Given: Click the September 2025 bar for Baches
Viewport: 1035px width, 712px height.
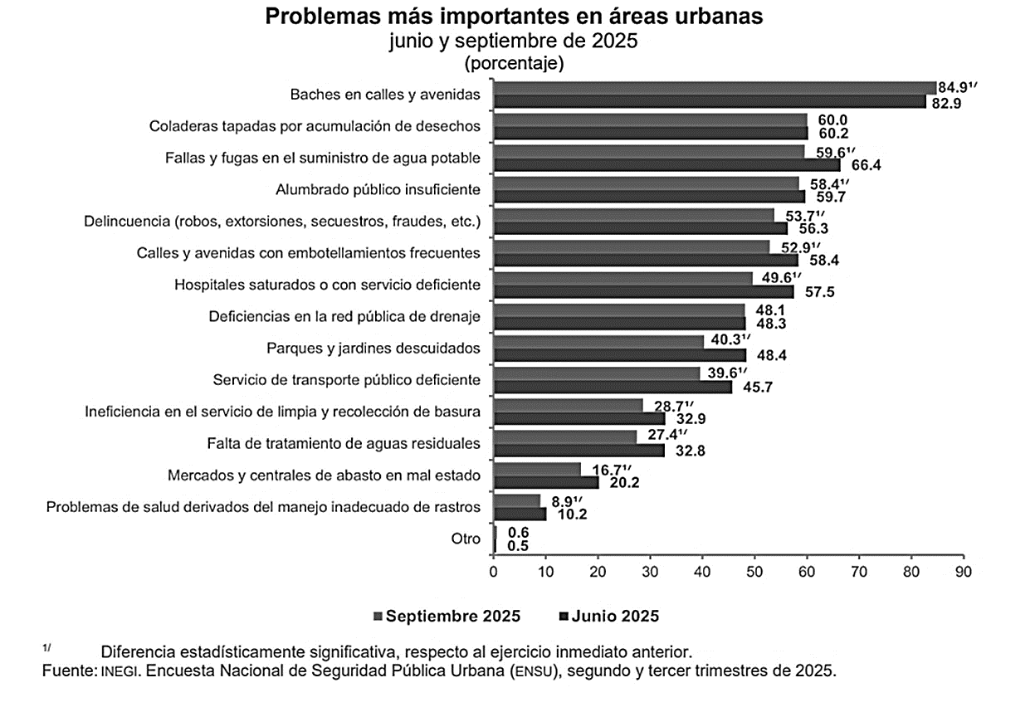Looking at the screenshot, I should coord(714,88).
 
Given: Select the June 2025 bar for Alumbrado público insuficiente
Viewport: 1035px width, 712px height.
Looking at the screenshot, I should coord(649,197).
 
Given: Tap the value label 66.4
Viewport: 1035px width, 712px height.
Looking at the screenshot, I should coord(866,165).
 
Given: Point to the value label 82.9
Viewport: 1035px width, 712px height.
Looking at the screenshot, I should coord(947,103).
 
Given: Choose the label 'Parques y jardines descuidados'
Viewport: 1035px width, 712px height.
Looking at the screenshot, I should coord(373,348).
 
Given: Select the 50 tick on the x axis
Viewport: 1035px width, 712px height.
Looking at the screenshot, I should coord(754,572).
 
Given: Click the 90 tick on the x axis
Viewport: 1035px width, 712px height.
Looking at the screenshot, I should coord(963,572).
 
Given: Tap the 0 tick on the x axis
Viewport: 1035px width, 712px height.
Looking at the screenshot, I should coord(494,572).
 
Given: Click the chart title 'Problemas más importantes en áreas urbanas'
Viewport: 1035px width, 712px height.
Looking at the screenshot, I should coord(514,17).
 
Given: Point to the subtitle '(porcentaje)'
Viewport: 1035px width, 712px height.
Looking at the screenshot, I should coord(514,62).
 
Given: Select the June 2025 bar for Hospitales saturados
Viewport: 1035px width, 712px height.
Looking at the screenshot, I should coord(643,292).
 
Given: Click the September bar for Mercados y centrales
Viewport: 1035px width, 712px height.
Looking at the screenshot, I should coord(537,469).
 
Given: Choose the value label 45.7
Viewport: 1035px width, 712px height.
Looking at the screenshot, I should coord(757,387).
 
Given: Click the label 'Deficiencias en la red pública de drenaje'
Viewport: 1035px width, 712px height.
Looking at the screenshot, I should coord(344,316).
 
